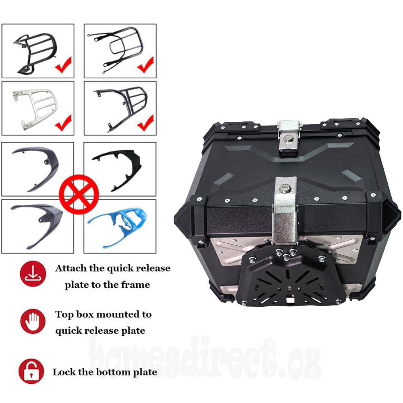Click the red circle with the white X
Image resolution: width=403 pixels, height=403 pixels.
click(x=79, y=194)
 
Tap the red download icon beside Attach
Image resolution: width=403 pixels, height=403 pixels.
click(x=33, y=274)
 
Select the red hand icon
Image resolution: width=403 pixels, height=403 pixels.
click(x=33, y=321)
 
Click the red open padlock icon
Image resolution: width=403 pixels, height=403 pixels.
click(x=31, y=372)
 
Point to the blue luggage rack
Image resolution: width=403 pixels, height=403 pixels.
click(x=118, y=226)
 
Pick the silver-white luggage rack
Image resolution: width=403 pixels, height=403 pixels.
click(x=35, y=109)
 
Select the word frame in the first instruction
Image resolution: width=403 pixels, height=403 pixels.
click(x=135, y=285)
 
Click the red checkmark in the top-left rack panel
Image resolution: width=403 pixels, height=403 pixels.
click(x=63, y=65)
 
